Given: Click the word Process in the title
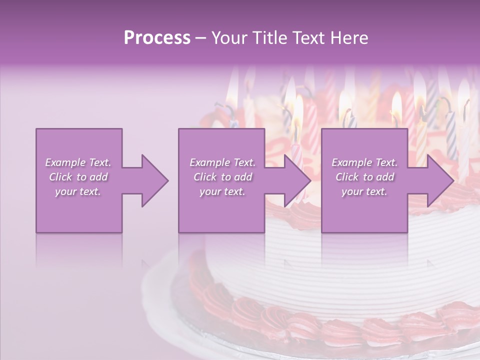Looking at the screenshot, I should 157,38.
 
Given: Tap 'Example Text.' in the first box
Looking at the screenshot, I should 78,162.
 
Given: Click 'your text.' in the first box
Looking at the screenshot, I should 78,191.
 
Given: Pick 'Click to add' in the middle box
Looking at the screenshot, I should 222,177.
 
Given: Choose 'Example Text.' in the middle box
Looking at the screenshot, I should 222,162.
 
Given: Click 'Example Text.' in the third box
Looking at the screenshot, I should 364,162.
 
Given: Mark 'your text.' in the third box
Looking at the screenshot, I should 364,191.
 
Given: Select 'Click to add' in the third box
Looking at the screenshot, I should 364,177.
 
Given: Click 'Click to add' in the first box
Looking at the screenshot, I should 78,177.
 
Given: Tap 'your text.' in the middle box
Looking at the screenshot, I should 222,191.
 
